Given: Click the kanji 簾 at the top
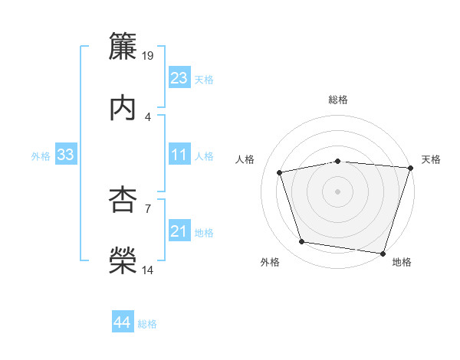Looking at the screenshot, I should coord(123,47).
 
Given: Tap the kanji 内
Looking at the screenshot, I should coord(123,106).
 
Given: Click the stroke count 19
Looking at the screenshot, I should coord(149,55).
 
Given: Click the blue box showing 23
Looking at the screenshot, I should coord(179,78).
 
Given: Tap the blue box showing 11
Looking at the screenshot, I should coord(179,155).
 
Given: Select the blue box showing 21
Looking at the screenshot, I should coord(179,231).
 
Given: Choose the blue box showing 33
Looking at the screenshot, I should coord(65,155).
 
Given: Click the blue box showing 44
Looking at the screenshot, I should coord(122,322).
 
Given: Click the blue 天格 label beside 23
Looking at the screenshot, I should coord(204,80).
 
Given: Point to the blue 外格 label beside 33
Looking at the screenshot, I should coord(41,155).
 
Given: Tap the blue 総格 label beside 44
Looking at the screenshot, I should coord(147,324).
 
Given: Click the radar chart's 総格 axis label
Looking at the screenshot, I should coord(338,100).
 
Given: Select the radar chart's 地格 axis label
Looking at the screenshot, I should coord(402,262).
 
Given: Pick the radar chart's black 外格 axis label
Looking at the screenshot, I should coord(270,262).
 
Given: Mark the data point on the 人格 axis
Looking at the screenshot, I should coord(280,172).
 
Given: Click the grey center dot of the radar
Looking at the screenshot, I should coord(337,191).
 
